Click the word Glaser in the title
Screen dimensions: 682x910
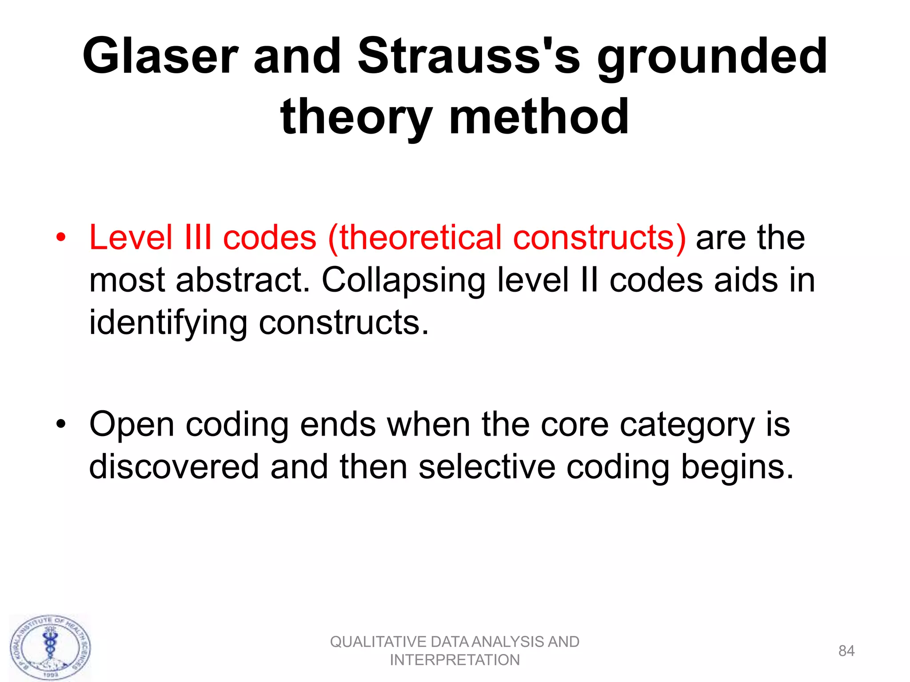(x=160, y=57)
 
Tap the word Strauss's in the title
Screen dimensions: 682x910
(x=469, y=57)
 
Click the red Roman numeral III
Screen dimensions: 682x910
(x=198, y=238)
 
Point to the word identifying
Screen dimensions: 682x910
(x=168, y=323)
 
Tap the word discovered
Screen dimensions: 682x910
(x=174, y=467)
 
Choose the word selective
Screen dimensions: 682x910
(x=487, y=467)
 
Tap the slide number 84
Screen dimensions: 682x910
(x=846, y=651)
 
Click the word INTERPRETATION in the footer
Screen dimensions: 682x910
(x=455, y=660)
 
